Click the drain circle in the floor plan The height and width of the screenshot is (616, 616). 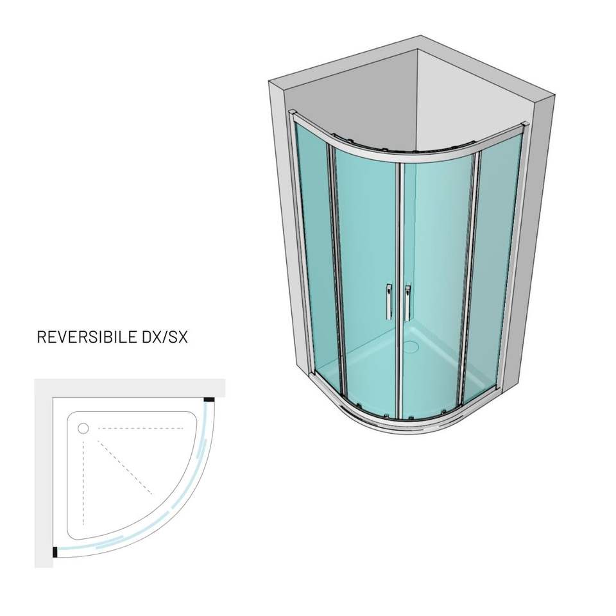click(x=83, y=428)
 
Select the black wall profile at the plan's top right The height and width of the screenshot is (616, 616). click(x=209, y=401)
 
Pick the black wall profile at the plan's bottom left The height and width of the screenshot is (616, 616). click(x=55, y=551)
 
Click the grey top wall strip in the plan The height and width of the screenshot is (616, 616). click(x=128, y=388)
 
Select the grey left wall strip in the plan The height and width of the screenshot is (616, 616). click(x=43, y=475)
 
